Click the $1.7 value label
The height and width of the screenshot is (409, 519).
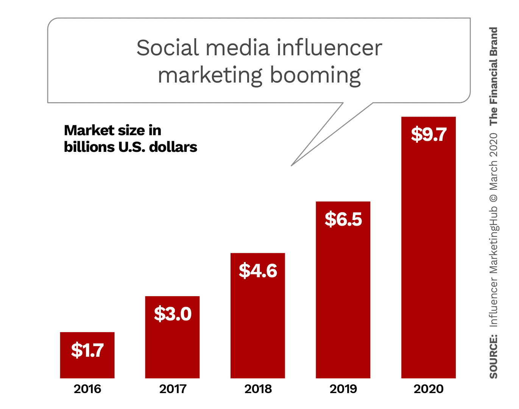coord(87,350)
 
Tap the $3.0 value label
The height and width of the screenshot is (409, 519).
coord(173,314)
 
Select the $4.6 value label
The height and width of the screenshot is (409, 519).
coord(258,271)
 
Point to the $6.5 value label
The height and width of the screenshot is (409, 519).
coord(343,219)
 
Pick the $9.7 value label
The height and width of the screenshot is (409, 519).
coord(429,134)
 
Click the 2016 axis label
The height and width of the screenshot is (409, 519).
coord(87,389)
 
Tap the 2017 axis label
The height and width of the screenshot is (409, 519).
coord(173,389)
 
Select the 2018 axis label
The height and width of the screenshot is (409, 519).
coord(258,389)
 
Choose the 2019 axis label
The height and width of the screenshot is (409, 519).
coord(343,389)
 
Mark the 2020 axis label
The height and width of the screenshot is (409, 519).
coord(429,389)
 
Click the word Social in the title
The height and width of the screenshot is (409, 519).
coord(167,48)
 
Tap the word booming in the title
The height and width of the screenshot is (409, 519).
coord(315,75)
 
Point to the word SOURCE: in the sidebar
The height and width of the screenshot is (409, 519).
coord(493,356)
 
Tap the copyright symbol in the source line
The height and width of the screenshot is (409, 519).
coord(493,198)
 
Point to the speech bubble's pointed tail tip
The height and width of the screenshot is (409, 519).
coord(291,165)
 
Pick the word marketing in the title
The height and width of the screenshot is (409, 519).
coord(210,75)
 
